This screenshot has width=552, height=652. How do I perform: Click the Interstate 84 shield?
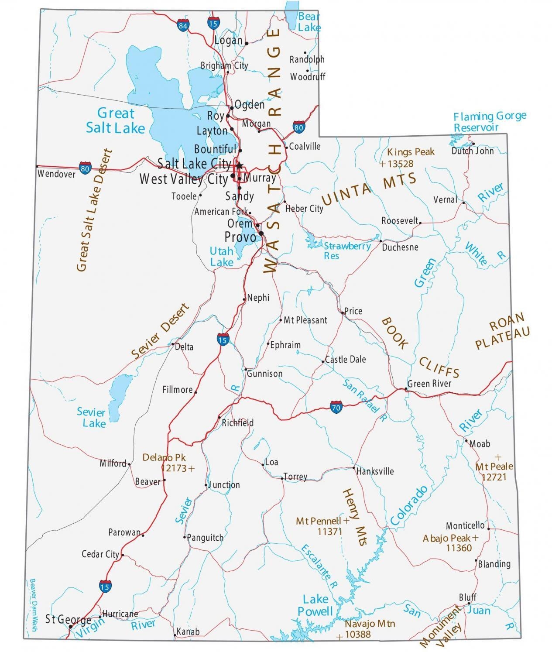point(183,25)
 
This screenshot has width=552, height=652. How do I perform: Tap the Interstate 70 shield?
point(336,407)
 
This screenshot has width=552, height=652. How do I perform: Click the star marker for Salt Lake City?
point(239,165)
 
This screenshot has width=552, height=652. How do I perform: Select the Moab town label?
point(480,444)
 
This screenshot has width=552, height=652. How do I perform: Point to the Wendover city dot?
point(37,166)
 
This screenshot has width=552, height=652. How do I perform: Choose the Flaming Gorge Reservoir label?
point(490,122)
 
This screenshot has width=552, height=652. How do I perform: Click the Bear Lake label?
point(309,22)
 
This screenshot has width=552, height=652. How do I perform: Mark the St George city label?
point(68,619)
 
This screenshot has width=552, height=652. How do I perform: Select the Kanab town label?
point(188,631)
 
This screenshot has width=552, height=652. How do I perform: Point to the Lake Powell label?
point(315,605)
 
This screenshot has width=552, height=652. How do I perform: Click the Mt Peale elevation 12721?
point(494,477)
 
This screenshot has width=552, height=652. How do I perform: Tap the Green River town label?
point(429,384)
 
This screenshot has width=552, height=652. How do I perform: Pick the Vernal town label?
point(445,200)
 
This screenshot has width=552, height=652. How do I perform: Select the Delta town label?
point(184,347)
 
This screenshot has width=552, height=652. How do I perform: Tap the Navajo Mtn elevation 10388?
point(357,635)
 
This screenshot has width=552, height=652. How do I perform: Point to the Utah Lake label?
point(222,257)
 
